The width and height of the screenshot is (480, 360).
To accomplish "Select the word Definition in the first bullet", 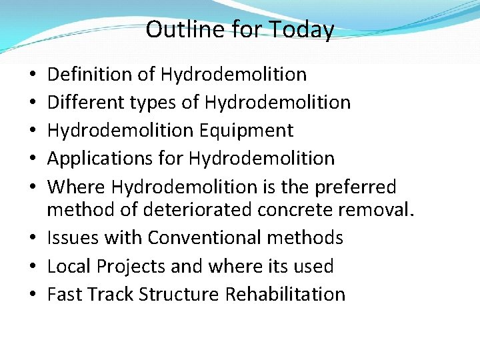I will click(x=91, y=74).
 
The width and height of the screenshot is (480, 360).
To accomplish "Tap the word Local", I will click(x=70, y=266).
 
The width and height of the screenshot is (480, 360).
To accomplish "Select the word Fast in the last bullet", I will click(x=65, y=294).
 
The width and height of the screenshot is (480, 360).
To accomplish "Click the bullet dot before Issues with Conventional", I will click(x=32, y=238).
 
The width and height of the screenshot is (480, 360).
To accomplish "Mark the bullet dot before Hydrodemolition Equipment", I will click(x=32, y=131).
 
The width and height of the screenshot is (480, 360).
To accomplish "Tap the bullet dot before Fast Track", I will click(x=32, y=295).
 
